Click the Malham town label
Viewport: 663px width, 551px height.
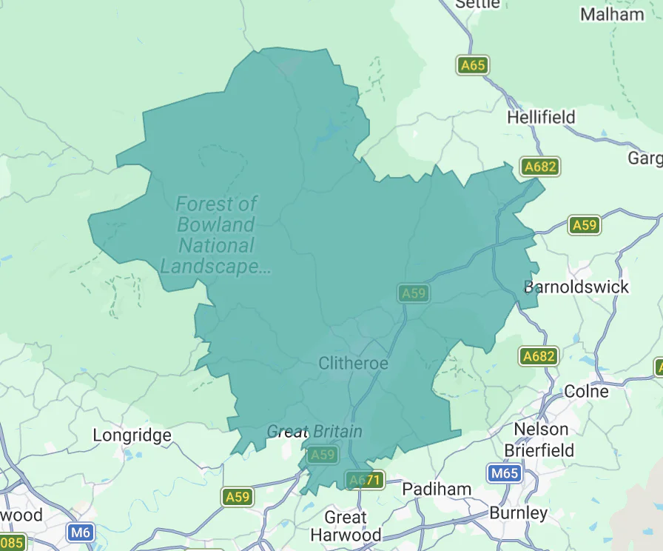(612, 14)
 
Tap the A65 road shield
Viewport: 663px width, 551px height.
(472, 65)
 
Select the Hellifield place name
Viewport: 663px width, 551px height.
(540, 117)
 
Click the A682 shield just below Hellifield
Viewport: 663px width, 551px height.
(539, 167)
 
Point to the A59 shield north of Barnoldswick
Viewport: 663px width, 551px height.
(585, 225)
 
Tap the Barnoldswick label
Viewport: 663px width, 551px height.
(576, 287)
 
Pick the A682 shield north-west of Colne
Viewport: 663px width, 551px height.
(539, 356)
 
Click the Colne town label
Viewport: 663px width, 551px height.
(586, 391)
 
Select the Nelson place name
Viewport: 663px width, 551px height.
(542, 429)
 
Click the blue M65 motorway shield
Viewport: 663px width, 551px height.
(505, 473)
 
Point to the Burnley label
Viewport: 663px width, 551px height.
(518, 512)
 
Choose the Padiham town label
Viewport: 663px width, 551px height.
(437, 489)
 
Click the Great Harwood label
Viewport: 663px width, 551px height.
(346, 526)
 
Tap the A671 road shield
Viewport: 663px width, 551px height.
(365, 480)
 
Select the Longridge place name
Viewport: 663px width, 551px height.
(132, 435)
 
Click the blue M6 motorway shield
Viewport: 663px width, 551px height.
(80, 532)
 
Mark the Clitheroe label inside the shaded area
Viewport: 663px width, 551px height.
(353, 363)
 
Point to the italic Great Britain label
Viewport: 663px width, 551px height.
(314, 431)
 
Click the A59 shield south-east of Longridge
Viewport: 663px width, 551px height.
(238, 497)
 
